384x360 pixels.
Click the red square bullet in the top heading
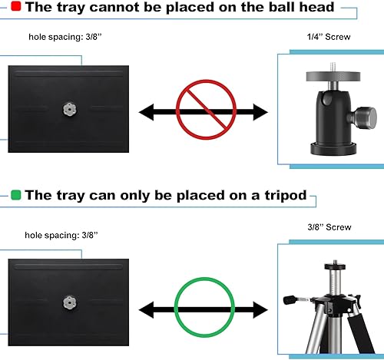pyautogui.click(x=16, y=6)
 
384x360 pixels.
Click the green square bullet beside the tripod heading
pyautogui.click(x=16, y=195)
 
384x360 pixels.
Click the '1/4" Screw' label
pyautogui.click(x=329, y=37)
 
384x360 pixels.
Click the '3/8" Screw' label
pyautogui.click(x=329, y=227)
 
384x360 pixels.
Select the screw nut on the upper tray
pyautogui.click(x=70, y=109)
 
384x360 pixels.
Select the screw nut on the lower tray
pyautogui.click(x=70, y=302)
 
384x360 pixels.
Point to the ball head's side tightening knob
pyautogui.click(x=364, y=118)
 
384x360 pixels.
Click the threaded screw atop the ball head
pyautogui.click(x=333, y=67)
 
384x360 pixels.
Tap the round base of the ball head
pyautogui.click(x=333, y=148)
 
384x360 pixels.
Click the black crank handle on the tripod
pyautogui.click(x=290, y=299)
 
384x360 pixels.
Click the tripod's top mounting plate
pyautogui.click(x=335, y=266)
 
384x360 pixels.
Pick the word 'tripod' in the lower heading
pyautogui.click(x=286, y=196)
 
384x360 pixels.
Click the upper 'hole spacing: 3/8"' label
pyautogui.click(x=65, y=37)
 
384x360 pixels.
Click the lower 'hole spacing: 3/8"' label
pyautogui.click(x=61, y=235)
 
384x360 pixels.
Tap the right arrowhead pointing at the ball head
pyautogui.click(x=260, y=112)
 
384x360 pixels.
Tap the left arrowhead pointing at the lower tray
pyautogui.click(x=146, y=310)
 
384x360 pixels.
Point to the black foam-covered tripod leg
pyautogui.click(x=361, y=333)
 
